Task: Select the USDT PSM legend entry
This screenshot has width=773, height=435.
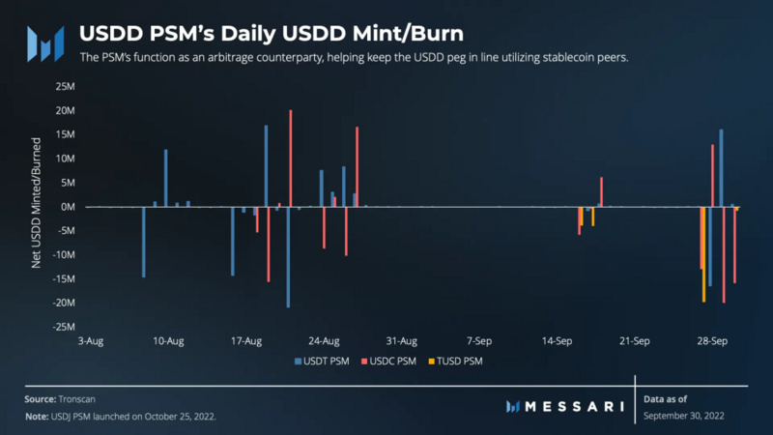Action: point(324,361)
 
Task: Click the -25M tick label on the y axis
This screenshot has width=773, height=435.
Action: point(61,328)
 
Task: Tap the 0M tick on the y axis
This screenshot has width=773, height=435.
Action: point(66,207)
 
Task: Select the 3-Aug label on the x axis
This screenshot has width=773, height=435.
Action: point(92,341)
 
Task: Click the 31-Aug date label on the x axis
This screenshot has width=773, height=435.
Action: point(401,341)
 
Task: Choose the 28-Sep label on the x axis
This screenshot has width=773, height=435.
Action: point(712,341)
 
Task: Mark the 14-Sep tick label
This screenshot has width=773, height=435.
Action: point(556,341)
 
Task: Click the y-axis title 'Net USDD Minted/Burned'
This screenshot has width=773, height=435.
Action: point(37,207)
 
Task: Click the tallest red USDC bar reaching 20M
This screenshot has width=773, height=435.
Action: point(291,159)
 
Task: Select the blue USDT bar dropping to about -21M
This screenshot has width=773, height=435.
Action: point(287,257)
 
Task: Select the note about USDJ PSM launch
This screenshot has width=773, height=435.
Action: point(121,416)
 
